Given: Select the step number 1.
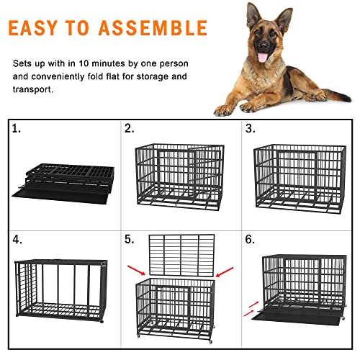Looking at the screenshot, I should tap(17, 130).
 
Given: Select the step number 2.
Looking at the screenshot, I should tap(130, 130).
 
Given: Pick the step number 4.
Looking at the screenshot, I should tap(17, 238).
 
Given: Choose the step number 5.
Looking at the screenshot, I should tap(130, 238).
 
